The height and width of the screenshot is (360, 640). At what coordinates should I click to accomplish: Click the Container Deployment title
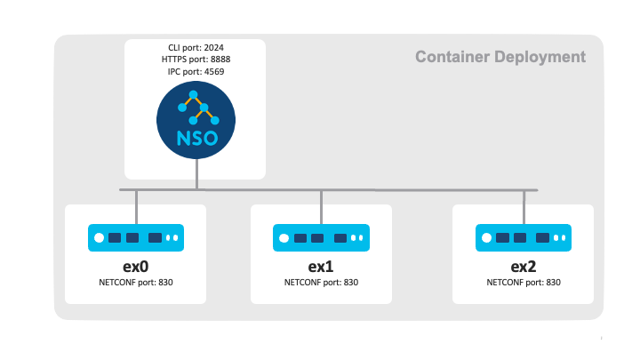[500, 57]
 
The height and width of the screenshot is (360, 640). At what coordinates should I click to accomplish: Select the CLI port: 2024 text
[195, 46]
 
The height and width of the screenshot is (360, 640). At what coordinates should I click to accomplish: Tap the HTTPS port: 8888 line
[195, 59]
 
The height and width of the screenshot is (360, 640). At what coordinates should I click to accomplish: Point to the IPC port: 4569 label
[195, 70]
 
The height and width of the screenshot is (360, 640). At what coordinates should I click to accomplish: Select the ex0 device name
[136, 267]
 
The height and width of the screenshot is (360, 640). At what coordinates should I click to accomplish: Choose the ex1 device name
[321, 267]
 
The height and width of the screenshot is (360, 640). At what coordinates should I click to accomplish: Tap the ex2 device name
[524, 267]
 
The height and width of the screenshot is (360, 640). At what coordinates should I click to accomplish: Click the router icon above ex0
[136, 237]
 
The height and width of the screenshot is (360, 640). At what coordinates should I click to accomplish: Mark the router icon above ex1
[321, 237]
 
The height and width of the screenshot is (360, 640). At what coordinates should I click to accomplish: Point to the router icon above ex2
[524, 237]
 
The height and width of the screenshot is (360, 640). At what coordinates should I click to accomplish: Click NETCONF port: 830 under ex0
[136, 283]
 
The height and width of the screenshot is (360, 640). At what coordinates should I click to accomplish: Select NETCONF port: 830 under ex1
[321, 283]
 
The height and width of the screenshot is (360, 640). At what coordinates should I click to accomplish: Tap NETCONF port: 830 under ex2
[524, 283]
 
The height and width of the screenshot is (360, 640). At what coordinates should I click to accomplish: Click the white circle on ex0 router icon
[100, 238]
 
